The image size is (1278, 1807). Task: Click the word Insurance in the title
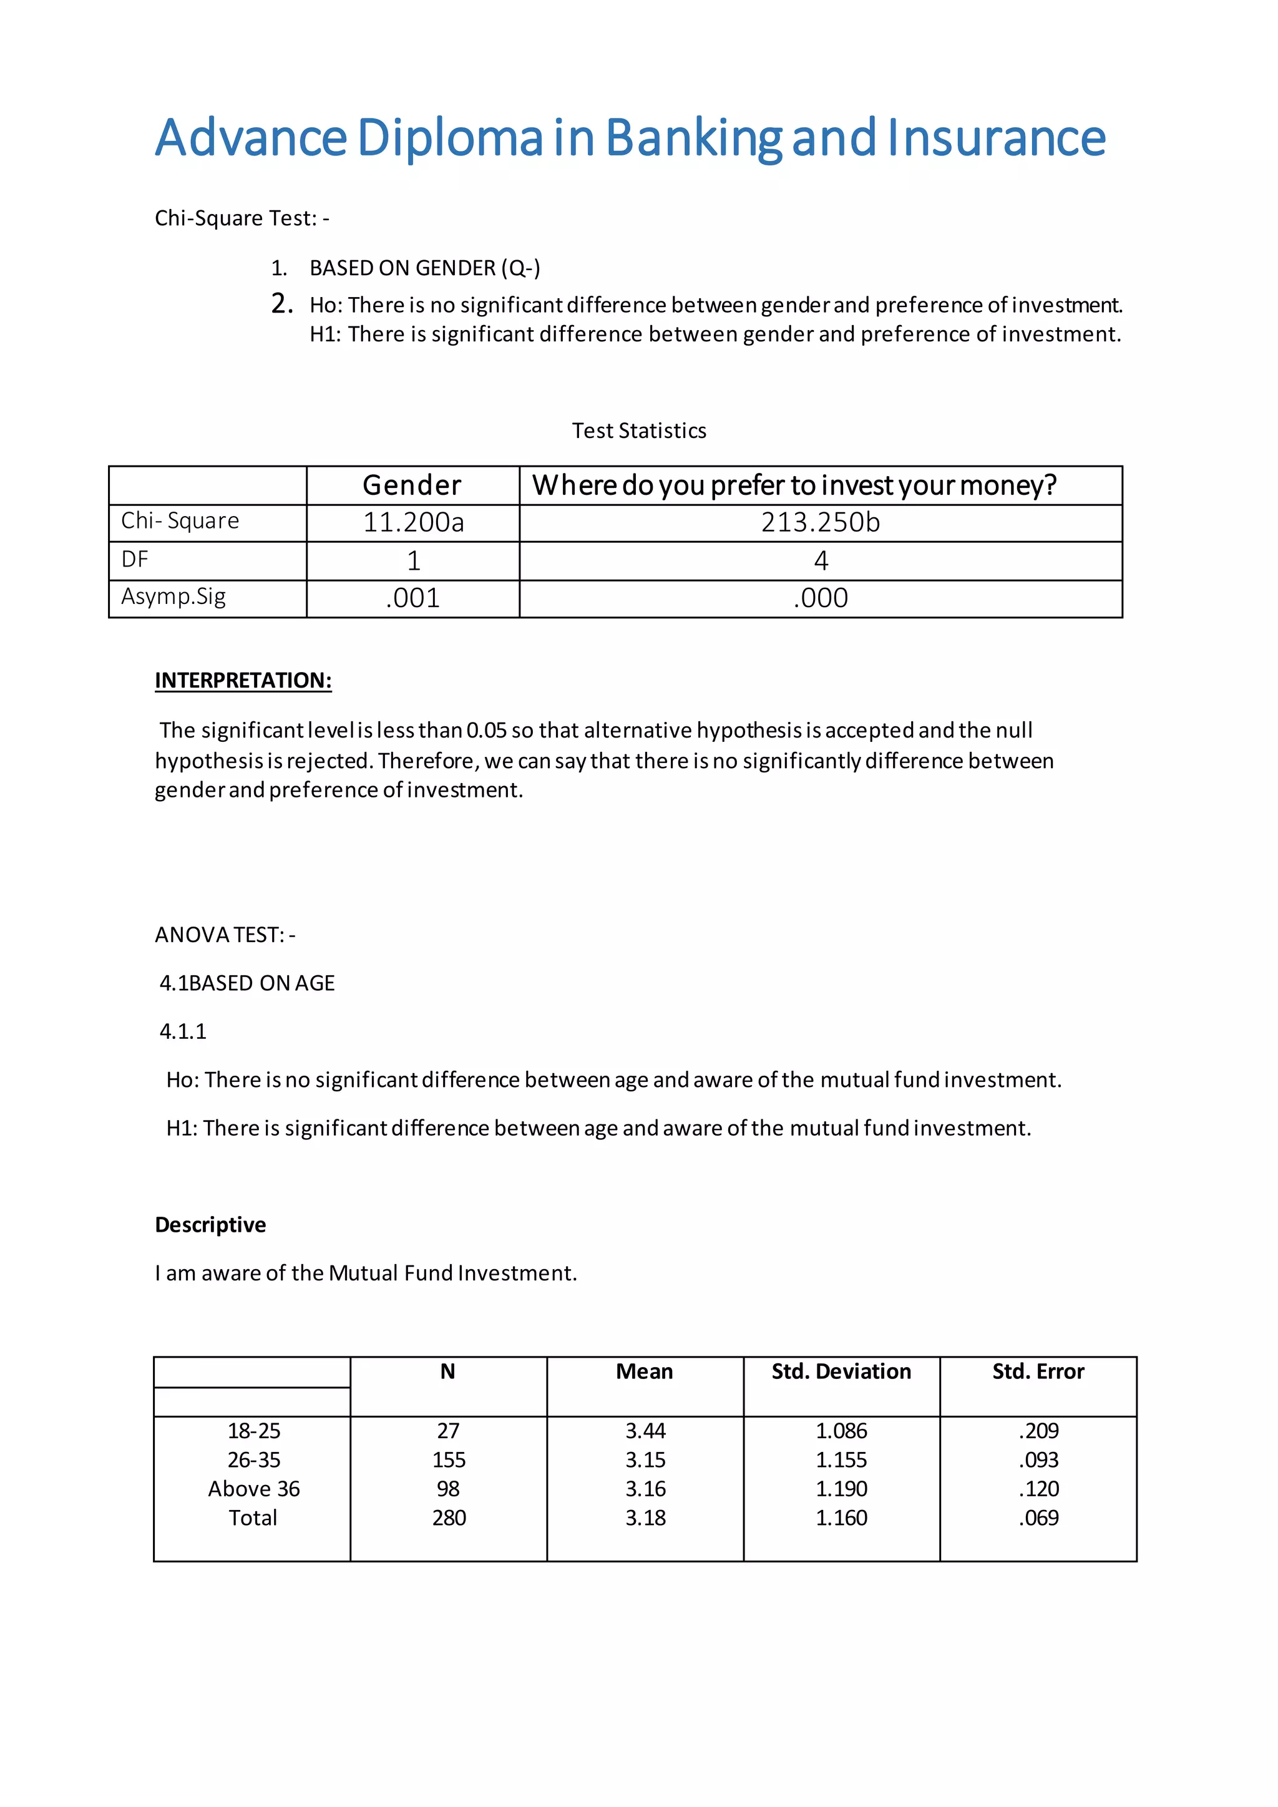click(x=997, y=138)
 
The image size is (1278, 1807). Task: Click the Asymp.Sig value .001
click(x=413, y=598)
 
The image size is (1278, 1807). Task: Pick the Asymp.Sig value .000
click(x=820, y=598)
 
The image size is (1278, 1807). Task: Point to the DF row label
click(x=135, y=560)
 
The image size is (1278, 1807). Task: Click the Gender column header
click(x=412, y=485)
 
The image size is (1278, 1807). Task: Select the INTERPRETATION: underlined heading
click(x=243, y=680)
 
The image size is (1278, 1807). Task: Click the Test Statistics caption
click(x=638, y=431)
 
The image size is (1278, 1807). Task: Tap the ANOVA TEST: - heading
click(x=225, y=934)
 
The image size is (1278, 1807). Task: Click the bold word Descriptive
click(x=210, y=1225)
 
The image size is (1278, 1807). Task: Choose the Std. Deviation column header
click(x=841, y=1371)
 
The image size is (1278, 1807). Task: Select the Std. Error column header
click(x=1037, y=1371)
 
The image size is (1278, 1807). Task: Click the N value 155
click(x=449, y=1460)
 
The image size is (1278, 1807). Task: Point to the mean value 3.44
click(x=645, y=1431)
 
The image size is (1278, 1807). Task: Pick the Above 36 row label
click(x=253, y=1489)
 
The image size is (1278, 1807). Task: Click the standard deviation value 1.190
click(x=841, y=1489)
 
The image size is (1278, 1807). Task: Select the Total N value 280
click(x=449, y=1518)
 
